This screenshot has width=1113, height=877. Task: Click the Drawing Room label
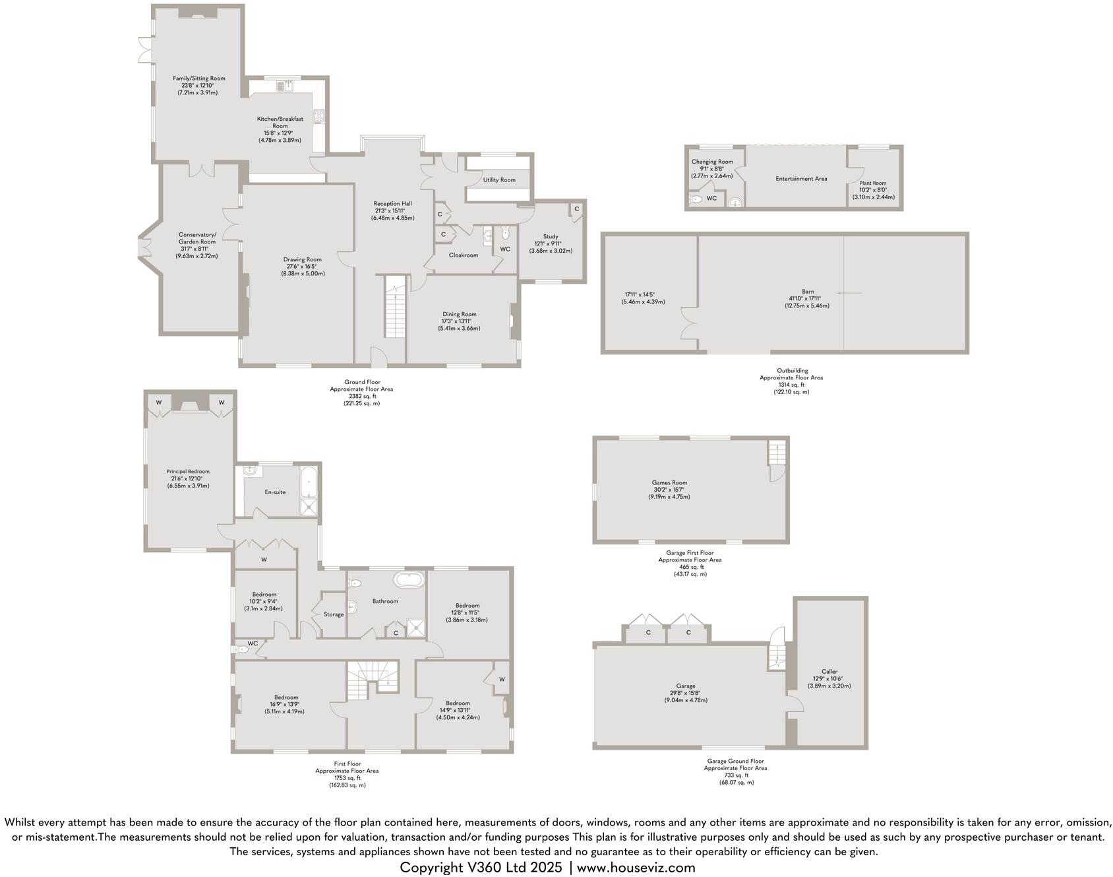(x=303, y=259)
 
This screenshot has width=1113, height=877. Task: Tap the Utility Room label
(x=499, y=179)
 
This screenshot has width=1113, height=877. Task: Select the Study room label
(x=551, y=236)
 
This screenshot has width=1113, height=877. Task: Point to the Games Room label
(x=669, y=482)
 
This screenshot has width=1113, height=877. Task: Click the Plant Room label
(x=873, y=183)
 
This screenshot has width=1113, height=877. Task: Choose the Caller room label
(x=829, y=671)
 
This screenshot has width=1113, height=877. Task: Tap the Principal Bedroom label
(x=188, y=471)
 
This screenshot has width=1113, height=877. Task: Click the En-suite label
(x=275, y=492)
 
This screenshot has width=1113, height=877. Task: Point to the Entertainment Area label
(x=801, y=178)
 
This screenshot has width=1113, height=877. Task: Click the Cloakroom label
(x=464, y=255)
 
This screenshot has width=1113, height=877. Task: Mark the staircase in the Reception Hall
(x=394, y=307)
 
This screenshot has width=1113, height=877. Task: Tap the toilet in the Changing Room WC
(x=696, y=199)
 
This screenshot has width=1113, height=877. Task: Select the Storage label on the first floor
(x=334, y=614)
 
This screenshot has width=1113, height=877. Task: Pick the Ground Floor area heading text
(x=361, y=381)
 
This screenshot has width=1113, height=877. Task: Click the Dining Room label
(x=460, y=314)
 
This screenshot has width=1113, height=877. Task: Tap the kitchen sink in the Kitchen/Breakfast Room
(x=288, y=85)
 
